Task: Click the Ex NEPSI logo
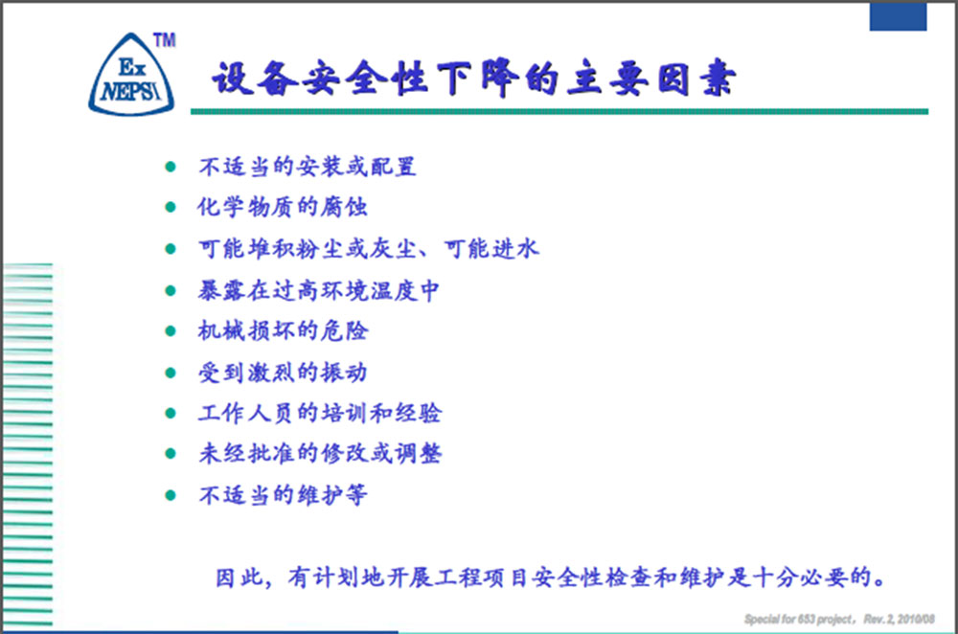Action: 131,75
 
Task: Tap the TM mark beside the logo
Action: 165,40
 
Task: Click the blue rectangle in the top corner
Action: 899,16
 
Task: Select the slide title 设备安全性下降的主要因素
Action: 473,79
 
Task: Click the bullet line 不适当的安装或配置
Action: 308,166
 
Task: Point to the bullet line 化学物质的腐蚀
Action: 283,207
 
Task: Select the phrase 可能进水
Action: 491,248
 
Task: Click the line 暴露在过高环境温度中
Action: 318,290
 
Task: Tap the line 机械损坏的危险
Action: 283,330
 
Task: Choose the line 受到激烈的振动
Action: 283,372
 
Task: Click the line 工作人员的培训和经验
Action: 320,413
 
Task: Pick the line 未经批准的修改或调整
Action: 320,453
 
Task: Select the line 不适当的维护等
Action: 283,494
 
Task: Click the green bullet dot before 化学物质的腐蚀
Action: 171,207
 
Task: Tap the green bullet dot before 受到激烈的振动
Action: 171,373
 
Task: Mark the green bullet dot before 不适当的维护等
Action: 171,495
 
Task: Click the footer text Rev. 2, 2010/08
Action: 899,620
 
